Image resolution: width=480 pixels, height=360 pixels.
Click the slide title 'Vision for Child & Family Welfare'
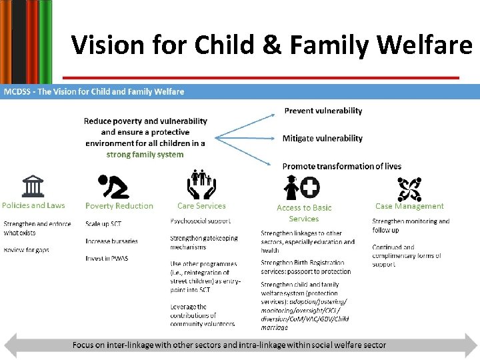[x=271, y=45]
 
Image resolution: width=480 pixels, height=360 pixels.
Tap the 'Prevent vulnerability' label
[x=323, y=111]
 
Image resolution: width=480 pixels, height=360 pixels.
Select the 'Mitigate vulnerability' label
[x=322, y=139]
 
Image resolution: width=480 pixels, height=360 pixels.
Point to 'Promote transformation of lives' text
[x=341, y=166]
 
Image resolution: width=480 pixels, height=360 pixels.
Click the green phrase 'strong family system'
[x=145, y=155]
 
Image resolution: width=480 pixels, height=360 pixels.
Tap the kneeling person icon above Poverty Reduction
[x=113, y=187]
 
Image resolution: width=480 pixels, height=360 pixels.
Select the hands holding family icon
[x=201, y=185]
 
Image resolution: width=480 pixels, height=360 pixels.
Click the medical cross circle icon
[x=310, y=187]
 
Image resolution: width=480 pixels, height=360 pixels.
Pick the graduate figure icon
[x=291, y=188]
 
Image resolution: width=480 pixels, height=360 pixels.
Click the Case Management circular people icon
[x=409, y=189]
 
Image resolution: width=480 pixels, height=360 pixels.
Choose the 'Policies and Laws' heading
[x=33, y=206]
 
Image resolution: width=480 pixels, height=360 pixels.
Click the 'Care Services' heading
[x=201, y=206]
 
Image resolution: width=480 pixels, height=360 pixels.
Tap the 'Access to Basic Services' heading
[x=304, y=213]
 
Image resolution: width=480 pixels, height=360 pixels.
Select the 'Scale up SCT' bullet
[x=103, y=223]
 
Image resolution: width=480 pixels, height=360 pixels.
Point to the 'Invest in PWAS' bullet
[x=107, y=258]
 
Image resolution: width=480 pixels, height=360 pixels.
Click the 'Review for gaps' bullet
[x=27, y=250]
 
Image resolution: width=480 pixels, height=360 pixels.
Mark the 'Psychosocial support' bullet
[x=201, y=221]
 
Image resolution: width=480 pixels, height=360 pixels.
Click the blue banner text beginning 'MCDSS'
[x=94, y=91]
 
